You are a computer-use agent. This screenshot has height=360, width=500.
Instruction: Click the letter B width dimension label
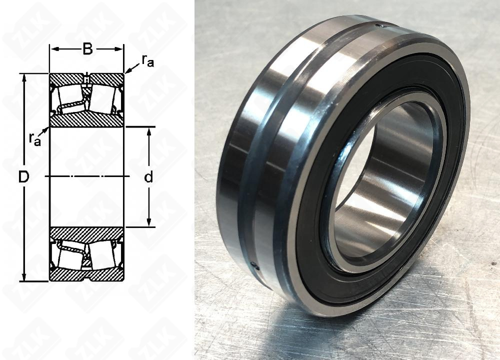point(87,49)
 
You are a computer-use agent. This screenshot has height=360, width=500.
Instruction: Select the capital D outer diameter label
point(23,176)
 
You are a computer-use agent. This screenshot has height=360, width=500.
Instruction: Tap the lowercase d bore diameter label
point(148,177)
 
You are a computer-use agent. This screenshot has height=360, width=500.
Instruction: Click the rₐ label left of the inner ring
point(34,139)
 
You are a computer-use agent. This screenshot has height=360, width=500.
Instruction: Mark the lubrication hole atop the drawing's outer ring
point(86,79)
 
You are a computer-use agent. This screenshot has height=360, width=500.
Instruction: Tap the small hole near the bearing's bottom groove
point(255,266)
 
